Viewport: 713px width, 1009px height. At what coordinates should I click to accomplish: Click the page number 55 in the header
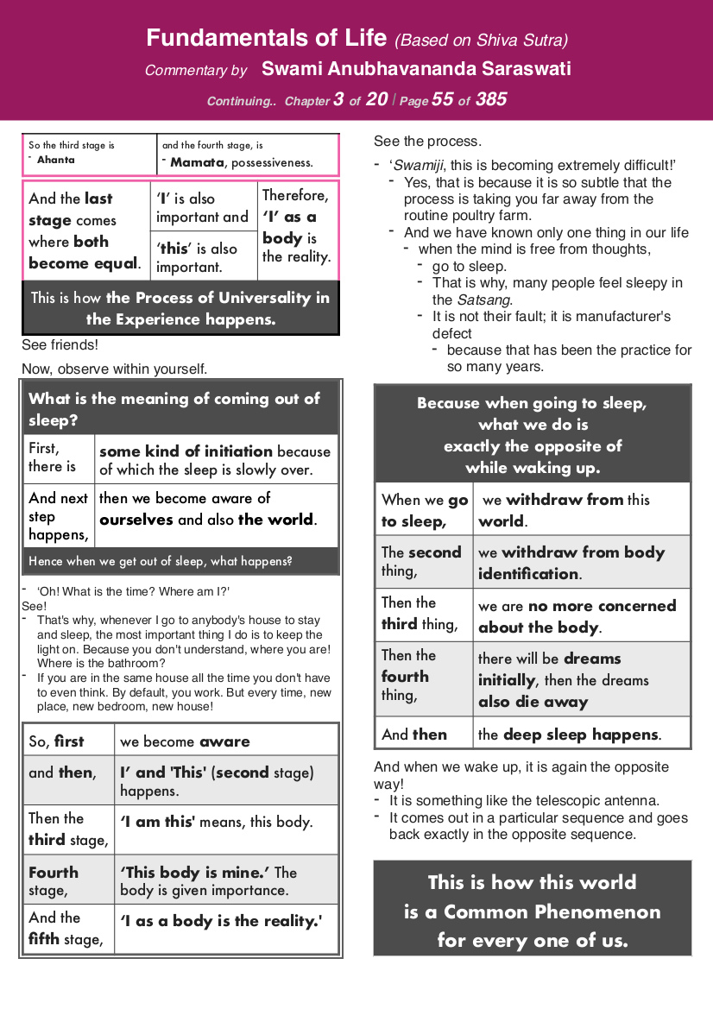(x=442, y=99)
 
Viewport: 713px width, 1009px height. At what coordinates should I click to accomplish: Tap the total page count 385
(x=490, y=99)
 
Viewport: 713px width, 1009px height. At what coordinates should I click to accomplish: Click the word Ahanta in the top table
(x=56, y=160)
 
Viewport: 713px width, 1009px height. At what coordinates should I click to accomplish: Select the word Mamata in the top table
(x=196, y=161)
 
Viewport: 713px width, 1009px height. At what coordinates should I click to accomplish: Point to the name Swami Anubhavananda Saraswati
(x=416, y=69)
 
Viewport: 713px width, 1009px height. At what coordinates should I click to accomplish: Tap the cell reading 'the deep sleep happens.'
(x=570, y=735)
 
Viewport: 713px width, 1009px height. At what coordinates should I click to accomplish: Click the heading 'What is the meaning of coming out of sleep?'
(x=180, y=409)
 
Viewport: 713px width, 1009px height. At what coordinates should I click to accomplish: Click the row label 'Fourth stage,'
(x=54, y=880)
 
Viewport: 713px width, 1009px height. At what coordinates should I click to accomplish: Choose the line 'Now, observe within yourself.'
(x=114, y=369)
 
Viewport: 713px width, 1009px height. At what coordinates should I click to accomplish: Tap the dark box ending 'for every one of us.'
(x=533, y=910)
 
